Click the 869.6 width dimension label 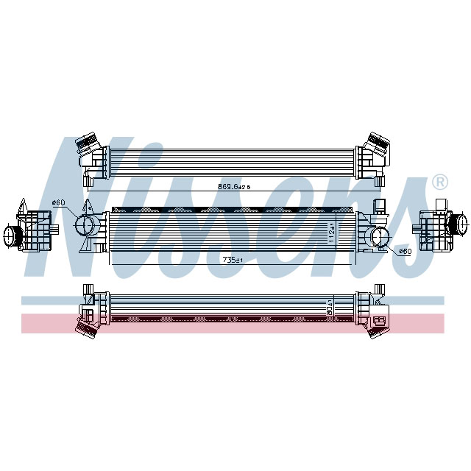[x=234, y=187]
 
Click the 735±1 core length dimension [x=235, y=260]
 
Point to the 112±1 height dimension [x=332, y=232]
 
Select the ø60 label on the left [x=58, y=203]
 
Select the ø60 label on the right [x=404, y=252]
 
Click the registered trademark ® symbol [x=439, y=182]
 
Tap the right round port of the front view [x=380, y=236]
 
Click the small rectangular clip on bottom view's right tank [x=380, y=319]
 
